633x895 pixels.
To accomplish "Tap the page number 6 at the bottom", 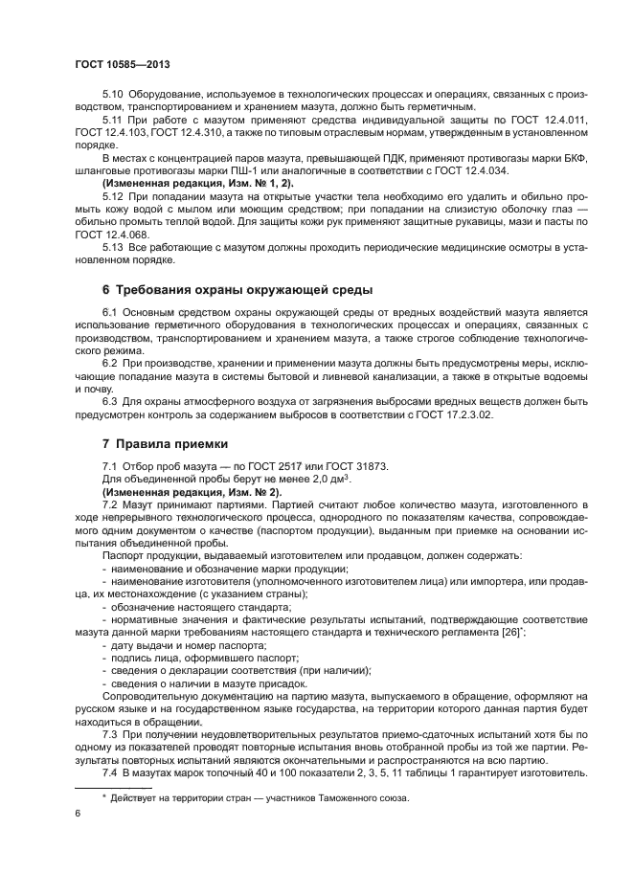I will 78,813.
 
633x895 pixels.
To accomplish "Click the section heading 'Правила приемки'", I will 165,443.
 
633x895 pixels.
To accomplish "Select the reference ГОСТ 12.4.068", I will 108,233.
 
